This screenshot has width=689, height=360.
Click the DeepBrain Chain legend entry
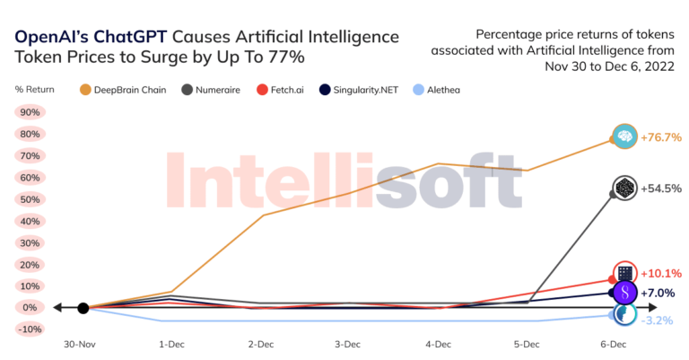(x=126, y=89)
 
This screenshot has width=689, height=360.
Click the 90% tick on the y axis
(x=30, y=113)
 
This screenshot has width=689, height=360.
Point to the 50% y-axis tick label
(x=30, y=199)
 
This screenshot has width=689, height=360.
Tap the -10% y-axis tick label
(x=30, y=329)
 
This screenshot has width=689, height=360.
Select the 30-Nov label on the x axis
(x=82, y=343)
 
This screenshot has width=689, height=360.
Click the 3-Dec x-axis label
(x=348, y=343)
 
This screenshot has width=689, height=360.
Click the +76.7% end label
(x=661, y=137)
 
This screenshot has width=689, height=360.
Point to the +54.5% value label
(x=661, y=189)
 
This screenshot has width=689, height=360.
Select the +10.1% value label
(x=661, y=273)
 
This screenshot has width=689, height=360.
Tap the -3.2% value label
(x=658, y=320)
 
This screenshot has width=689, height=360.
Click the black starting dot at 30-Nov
(x=83, y=308)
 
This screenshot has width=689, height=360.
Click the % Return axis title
(x=34, y=89)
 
